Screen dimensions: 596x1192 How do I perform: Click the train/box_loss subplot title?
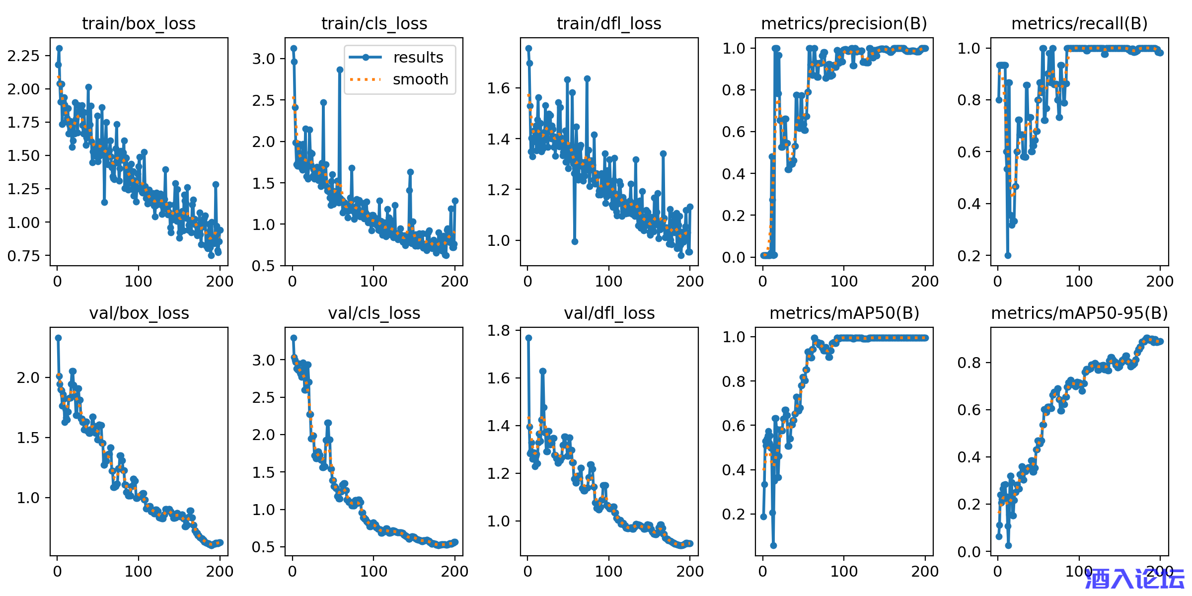pos(139,23)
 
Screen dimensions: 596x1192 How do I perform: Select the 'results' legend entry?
pos(418,58)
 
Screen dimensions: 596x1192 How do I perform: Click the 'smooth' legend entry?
pos(420,79)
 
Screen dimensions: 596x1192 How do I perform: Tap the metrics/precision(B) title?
pos(844,23)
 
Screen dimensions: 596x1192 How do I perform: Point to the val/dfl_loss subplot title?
pos(609,313)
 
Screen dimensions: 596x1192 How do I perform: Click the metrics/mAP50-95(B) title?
pos(1079,313)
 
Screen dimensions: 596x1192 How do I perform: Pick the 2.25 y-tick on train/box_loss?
pos(23,56)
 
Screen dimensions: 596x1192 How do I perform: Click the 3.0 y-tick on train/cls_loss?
pos(264,59)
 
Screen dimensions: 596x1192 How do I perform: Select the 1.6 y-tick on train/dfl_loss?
pos(499,88)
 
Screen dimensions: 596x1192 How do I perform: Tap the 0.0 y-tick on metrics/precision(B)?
pos(734,257)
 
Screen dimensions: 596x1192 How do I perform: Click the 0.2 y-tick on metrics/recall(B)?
pos(969,256)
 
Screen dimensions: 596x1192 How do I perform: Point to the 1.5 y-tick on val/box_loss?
pos(28,438)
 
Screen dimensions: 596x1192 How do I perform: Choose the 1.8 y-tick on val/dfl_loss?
pos(499,330)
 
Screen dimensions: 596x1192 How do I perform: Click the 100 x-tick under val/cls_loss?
pos(373,571)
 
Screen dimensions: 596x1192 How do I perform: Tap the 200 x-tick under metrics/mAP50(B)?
pos(925,571)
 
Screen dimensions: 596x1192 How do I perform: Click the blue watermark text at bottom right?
pos(1134,579)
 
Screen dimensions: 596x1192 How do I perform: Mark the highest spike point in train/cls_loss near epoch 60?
pos(340,70)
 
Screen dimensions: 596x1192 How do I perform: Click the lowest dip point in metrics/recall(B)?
pos(1008,255)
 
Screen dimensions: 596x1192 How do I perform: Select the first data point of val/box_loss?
pos(58,338)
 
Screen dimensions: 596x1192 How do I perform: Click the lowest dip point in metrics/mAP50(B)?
pos(773,545)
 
